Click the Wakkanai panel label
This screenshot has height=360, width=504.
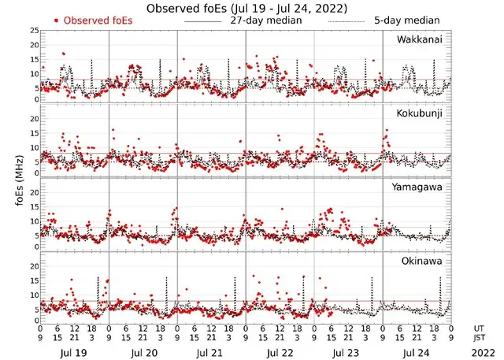click(x=420, y=39)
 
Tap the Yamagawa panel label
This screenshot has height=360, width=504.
click(x=420, y=187)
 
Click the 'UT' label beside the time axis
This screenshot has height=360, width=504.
click(x=480, y=326)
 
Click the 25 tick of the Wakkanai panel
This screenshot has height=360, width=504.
click(x=33, y=31)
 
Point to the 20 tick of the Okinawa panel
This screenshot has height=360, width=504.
click(x=33, y=266)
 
